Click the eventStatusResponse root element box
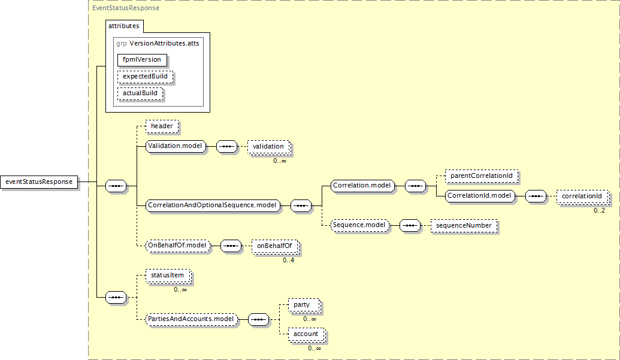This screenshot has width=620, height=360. tap(39, 181)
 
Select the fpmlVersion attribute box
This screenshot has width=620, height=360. tap(142, 60)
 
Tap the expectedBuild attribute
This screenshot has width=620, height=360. tap(145, 77)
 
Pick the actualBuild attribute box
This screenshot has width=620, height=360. tap(140, 93)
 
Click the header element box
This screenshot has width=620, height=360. tap(162, 126)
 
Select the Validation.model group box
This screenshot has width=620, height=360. tap(176, 146)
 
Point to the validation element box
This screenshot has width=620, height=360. tap(268, 147)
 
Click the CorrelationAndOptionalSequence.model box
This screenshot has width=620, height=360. tap(213, 205)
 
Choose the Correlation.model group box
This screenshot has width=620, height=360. tap(362, 186)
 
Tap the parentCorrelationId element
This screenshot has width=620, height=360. tap(481, 176)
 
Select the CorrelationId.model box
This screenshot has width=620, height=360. tap(480, 196)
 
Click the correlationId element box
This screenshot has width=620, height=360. tap(582, 196)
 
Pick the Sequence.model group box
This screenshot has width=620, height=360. tap(360, 225)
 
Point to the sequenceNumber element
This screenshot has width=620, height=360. tap(464, 226)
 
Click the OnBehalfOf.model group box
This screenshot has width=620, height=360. tap(177, 246)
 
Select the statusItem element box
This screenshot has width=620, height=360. tap(168, 276)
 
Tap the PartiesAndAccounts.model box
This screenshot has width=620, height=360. tap(191, 319)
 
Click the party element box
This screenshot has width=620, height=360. tap(304, 305)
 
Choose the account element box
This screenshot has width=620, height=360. tap(307, 334)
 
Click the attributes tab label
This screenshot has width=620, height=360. tap(124, 26)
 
